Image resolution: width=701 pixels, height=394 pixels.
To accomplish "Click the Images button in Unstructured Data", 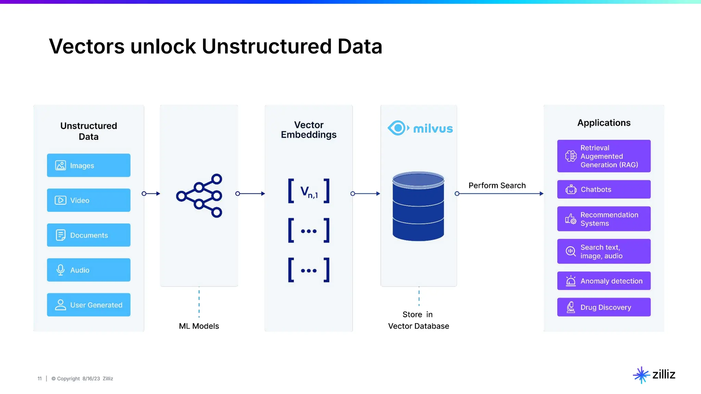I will pyautogui.click(x=88, y=165).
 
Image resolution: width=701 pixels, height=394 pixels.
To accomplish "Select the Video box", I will pyautogui.click(x=88, y=200).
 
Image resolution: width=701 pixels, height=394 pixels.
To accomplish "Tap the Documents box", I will pyautogui.click(x=88, y=235).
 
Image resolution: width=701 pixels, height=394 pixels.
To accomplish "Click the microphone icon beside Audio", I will pyautogui.click(x=61, y=270).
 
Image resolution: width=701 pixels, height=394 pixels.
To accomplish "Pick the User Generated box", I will pyautogui.click(x=88, y=305).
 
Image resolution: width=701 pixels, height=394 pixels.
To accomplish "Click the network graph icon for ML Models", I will pyautogui.click(x=199, y=195).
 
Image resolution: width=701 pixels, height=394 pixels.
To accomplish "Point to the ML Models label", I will pyautogui.click(x=199, y=326).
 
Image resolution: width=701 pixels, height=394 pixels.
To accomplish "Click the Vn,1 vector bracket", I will pyautogui.click(x=309, y=191).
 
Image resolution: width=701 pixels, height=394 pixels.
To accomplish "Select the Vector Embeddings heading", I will pyautogui.click(x=309, y=130).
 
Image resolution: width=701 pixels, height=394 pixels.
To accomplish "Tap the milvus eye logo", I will pyautogui.click(x=398, y=128).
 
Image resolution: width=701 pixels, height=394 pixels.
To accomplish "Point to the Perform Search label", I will pyautogui.click(x=497, y=185).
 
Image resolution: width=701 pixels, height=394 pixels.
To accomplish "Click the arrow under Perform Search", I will pyautogui.click(x=500, y=194).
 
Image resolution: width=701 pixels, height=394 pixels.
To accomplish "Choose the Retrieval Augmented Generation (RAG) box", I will pyautogui.click(x=604, y=156).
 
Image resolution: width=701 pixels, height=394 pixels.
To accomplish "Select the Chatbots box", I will pyautogui.click(x=604, y=189).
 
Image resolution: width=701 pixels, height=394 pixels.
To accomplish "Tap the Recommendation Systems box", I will pyautogui.click(x=604, y=219).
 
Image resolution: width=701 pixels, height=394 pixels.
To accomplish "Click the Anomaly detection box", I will pyautogui.click(x=604, y=281).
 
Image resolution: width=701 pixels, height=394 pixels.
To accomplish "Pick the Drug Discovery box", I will pyautogui.click(x=604, y=307).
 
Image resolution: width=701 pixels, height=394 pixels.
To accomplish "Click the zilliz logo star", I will pyautogui.click(x=641, y=375).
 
